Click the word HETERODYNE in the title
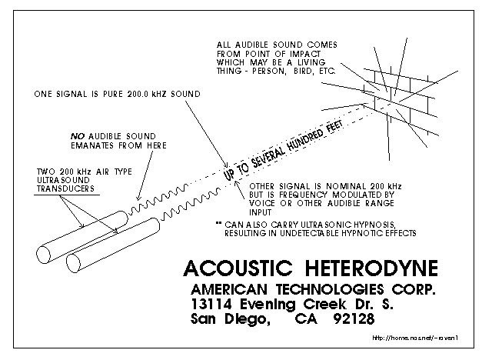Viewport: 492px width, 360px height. (x=371, y=268)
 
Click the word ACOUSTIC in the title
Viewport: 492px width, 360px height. (x=238, y=268)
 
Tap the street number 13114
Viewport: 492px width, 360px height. (x=212, y=304)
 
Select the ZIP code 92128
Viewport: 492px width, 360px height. (x=354, y=319)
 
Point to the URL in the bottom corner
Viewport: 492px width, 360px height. (x=416, y=338)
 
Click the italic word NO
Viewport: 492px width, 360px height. (x=78, y=136)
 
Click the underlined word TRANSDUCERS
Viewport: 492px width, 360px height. (x=65, y=188)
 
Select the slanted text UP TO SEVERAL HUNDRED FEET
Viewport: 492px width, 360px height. (x=284, y=149)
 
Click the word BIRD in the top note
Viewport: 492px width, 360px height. (x=303, y=71)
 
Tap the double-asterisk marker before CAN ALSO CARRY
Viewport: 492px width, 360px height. (x=218, y=223)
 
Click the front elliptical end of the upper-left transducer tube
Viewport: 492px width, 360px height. (x=43, y=255)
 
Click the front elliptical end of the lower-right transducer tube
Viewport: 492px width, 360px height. (x=74, y=263)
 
